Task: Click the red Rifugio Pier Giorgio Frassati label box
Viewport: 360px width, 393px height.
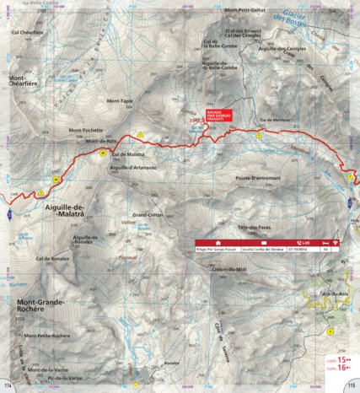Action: [219, 116]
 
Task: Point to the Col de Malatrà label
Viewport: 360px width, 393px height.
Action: [129, 155]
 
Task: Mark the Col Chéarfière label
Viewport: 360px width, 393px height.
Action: [26, 32]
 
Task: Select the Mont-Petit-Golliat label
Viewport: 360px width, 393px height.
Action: [244, 10]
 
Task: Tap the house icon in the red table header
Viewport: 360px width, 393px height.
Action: [218, 242]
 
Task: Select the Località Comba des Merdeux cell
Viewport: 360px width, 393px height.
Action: [259, 250]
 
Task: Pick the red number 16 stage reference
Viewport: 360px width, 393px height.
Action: [341, 367]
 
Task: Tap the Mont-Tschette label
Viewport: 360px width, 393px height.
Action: [86, 130]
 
